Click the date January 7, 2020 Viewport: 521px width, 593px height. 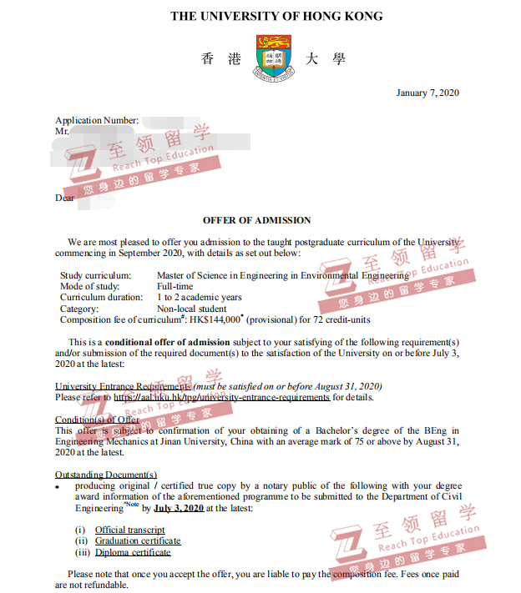pos(427,93)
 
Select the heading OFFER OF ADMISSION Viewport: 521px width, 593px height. pos(256,220)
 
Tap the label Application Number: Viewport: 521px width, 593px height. pos(97,121)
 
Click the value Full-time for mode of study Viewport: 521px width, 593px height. pos(175,286)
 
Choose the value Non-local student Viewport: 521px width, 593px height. pos(191,309)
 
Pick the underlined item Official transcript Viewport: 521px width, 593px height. pos(129,530)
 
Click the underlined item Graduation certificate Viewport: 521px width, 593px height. pos(138,540)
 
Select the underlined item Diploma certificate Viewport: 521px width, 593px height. pos(133,552)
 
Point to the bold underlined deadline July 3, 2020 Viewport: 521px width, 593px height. pos(179,507)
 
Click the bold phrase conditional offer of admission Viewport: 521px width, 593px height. pos(168,342)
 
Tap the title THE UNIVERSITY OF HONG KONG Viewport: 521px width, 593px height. pos(276,16)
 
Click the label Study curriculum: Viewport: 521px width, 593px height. pos(95,275)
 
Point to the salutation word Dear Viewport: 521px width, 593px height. pos(64,198)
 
